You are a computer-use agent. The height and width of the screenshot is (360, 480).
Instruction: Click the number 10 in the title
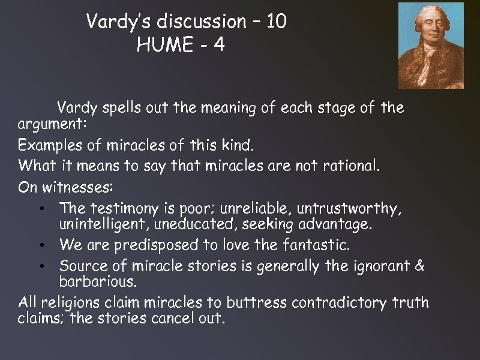275,22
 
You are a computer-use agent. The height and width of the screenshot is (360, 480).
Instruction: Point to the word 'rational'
350,165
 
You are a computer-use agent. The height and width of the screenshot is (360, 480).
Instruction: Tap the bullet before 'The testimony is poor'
40,209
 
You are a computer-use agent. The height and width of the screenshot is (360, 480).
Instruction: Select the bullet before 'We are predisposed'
40,245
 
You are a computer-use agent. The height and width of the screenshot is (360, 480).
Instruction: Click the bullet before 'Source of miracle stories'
40,266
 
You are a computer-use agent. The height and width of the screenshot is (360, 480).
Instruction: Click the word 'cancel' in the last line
169,318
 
